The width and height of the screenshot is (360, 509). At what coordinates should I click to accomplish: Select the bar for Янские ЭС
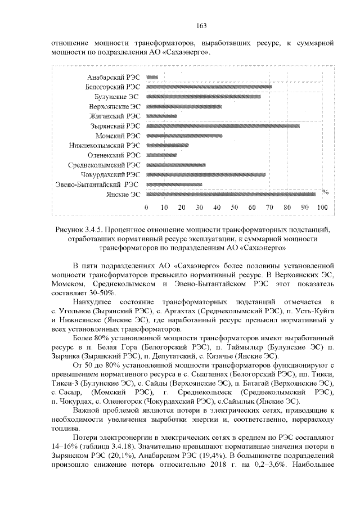pos(230,194)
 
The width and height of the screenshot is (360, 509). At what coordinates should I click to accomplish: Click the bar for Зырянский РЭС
pos(223,126)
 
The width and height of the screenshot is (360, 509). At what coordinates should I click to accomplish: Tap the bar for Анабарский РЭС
pos(152,77)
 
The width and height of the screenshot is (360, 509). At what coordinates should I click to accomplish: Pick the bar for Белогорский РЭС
pos(208,87)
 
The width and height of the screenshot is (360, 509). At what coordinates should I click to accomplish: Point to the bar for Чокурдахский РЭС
pos(205,174)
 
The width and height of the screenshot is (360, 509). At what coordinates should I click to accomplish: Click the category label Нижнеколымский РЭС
pos(105,145)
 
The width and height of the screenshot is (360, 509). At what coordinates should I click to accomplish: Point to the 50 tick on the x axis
pos(235,208)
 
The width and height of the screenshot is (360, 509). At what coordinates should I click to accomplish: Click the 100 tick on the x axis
pos(323,208)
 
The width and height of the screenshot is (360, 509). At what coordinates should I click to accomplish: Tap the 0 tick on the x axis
pos(146,208)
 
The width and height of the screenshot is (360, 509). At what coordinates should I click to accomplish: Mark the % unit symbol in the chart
pos(325,192)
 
